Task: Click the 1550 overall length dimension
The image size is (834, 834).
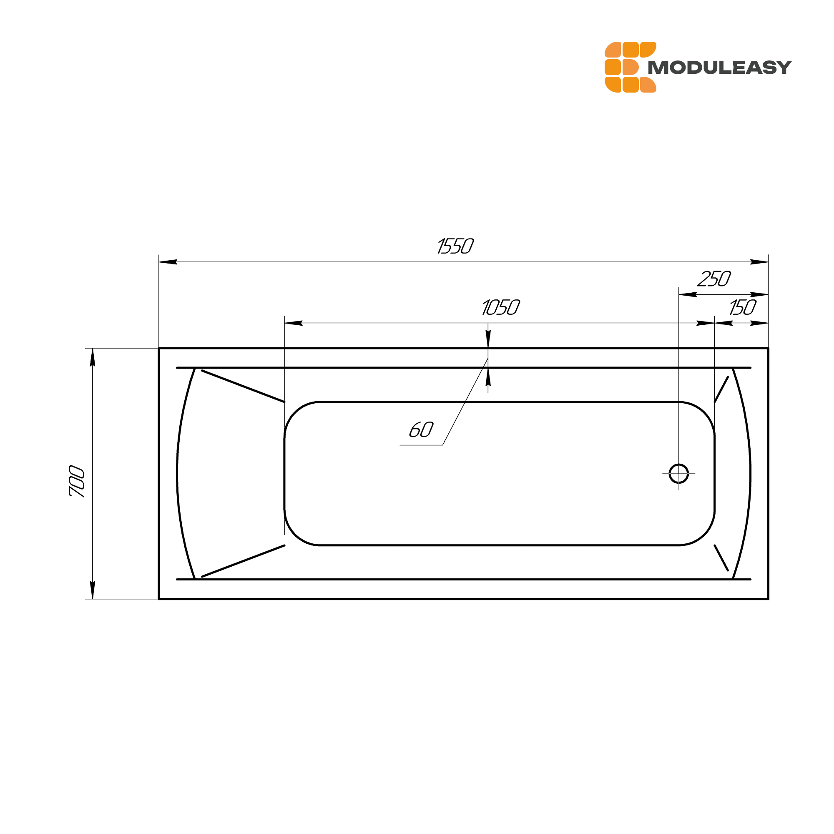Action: point(455,246)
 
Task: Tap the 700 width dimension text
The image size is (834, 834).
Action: point(78,481)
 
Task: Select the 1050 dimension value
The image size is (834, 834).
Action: point(501,308)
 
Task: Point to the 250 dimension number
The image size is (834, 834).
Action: point(714,279)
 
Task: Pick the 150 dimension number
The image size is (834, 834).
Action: point(743,308)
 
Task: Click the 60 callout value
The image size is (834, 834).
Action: point(421,430)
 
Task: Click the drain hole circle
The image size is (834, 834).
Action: point(678,474)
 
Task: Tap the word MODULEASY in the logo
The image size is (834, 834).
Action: point(720,67)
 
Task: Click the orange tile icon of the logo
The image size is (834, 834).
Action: point(630,67)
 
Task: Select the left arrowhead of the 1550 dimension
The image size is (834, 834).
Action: point(168,262)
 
